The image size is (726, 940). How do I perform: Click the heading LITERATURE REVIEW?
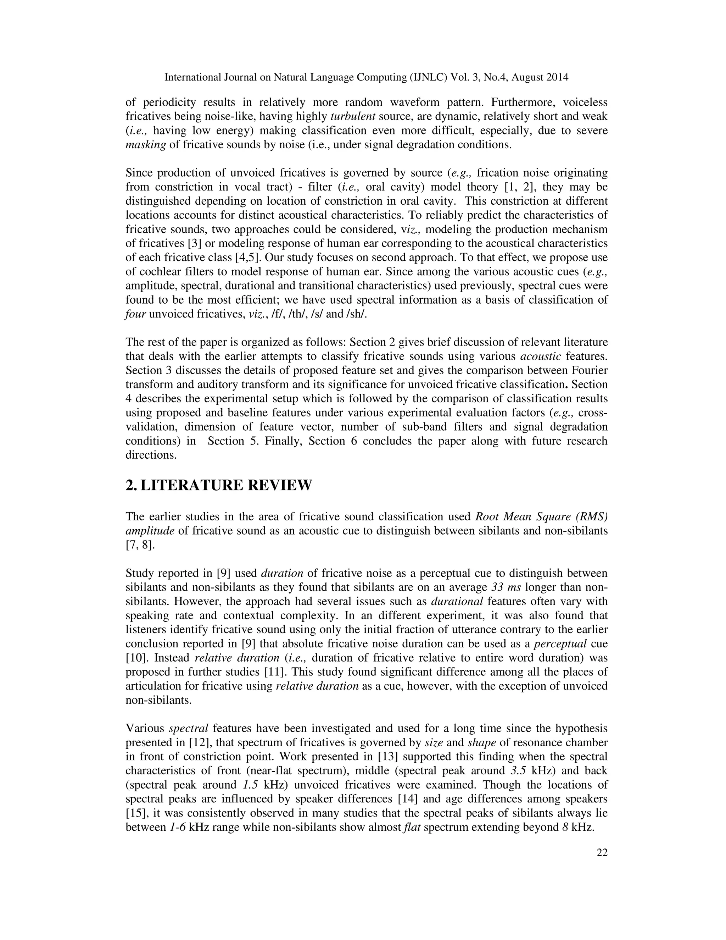[226, 485]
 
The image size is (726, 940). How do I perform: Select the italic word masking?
[145, 145]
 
